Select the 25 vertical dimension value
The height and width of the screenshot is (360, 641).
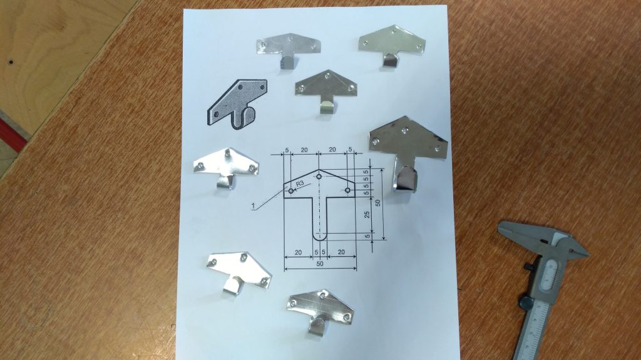coord(367,214)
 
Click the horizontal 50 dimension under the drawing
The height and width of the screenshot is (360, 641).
coord(320,264)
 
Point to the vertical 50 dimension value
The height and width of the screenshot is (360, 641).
coord(377,202)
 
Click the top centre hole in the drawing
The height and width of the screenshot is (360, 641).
coord(319,177)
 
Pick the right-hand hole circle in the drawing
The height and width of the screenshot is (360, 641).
coord(347,190)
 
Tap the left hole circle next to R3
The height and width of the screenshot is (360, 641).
coord(290,191)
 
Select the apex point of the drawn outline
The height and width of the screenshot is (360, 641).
coord(319,170)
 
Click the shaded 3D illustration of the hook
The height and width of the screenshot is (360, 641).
coord(237,105)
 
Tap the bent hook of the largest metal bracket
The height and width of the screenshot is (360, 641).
coord(406,178)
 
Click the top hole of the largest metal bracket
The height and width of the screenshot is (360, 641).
coord(405,130)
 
